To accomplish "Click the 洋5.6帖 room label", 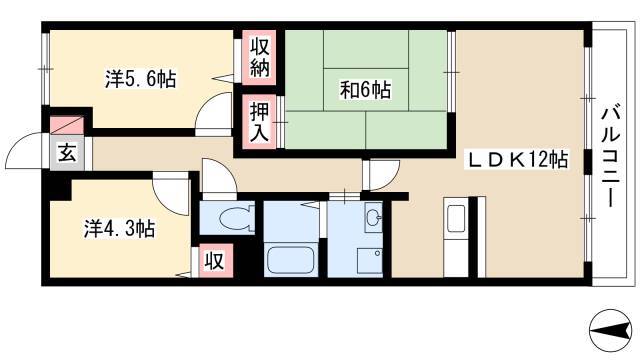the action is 141,79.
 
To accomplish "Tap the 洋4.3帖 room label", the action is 119,229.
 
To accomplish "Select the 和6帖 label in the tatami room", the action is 365,90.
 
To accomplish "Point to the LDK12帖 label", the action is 518,159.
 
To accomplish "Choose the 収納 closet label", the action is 260,58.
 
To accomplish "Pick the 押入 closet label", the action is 260,122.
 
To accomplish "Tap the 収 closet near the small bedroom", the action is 215,260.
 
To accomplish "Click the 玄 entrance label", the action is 67,153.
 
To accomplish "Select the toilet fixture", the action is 234,218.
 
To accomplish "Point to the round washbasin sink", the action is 373,217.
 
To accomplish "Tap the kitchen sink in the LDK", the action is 456,218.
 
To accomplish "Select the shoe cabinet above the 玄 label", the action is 67,125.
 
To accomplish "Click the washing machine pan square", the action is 370,260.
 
